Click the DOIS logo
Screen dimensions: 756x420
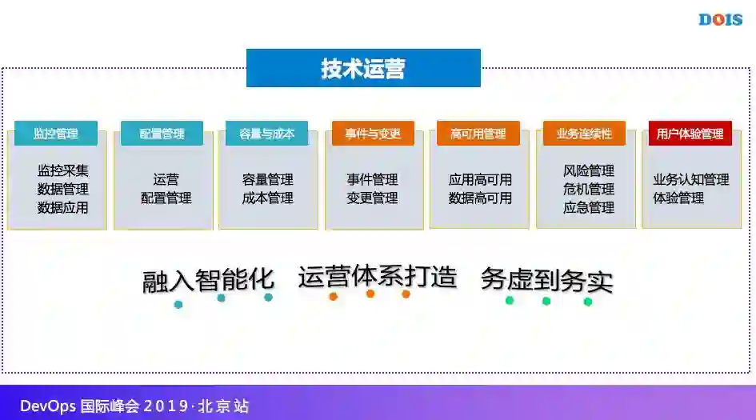[720, 19]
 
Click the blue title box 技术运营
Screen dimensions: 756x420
[363, 68]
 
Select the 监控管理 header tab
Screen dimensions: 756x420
[56, 134]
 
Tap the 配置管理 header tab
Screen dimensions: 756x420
[162, 134]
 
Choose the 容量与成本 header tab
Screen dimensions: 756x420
[267, 134]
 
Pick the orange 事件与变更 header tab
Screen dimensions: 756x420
[373, 134]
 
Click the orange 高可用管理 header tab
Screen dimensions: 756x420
[478, 134]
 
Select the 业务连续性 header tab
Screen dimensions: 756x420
[584, 134]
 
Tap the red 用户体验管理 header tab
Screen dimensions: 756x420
[690, 134]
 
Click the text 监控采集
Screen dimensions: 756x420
[62, 170]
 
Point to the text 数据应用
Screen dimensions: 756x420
[62, 207]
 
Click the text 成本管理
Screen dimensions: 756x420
[267, 198]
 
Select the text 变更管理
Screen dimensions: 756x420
[372, 198]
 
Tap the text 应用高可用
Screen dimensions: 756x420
[480, 179]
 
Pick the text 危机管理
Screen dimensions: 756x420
[589, 189]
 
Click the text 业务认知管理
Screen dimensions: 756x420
[690, 179]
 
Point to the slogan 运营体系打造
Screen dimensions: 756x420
[377, 277]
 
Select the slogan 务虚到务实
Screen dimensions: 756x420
[546, 280]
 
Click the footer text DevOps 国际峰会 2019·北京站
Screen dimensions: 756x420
[134, 406]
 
